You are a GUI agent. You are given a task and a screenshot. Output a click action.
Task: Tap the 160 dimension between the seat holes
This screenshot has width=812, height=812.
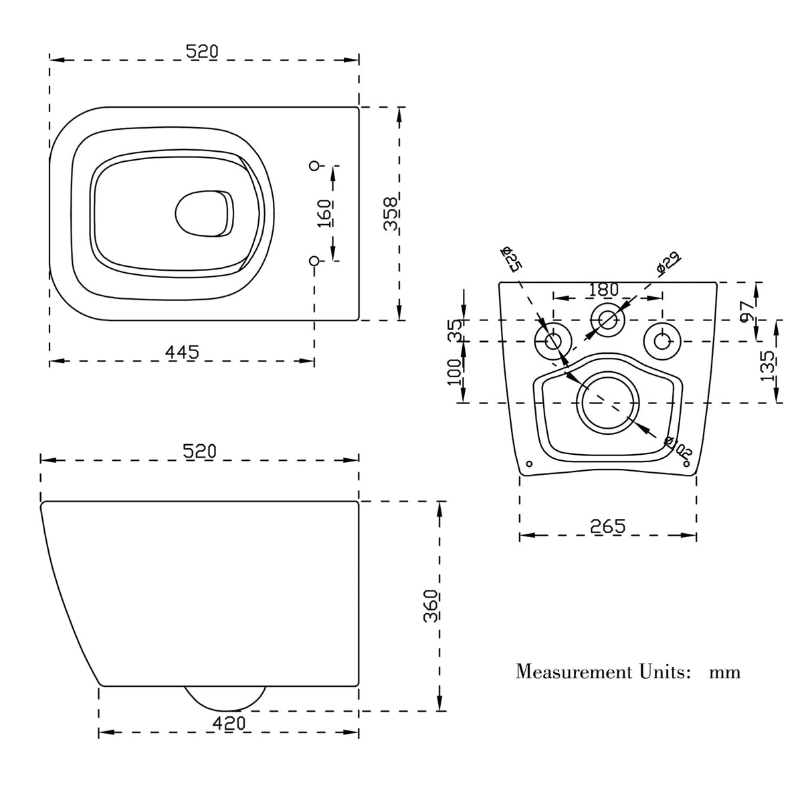pyautogui.click(x=326, y=213)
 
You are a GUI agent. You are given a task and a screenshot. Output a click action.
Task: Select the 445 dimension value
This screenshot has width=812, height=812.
pyautogui.click(x=182, y=352)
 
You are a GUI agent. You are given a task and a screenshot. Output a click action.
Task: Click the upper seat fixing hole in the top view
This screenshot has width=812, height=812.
pyautogui.click(x=314, y=165)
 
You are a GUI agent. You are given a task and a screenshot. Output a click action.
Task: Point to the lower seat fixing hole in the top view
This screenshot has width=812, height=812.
pyautogui.click(x=314, y=260)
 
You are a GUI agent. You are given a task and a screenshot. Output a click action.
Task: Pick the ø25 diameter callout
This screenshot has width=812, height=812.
pyautogui.click(x=512, y=258)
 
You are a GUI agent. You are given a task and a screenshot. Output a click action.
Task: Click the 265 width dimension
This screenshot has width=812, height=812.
pyautogui.click(x=607, y=526)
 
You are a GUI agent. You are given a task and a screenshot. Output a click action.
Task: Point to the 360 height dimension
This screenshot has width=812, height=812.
pyautogui.click(x=431, y=606)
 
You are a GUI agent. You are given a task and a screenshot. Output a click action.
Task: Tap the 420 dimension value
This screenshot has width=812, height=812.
pyautogui.click(x=229, y=723)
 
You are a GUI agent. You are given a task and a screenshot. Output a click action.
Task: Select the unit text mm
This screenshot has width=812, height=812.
pyautogui.click(x=724, y=672)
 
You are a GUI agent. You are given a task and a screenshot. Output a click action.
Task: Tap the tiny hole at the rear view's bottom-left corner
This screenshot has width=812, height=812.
pyautogui.click(x=529, y=464)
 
